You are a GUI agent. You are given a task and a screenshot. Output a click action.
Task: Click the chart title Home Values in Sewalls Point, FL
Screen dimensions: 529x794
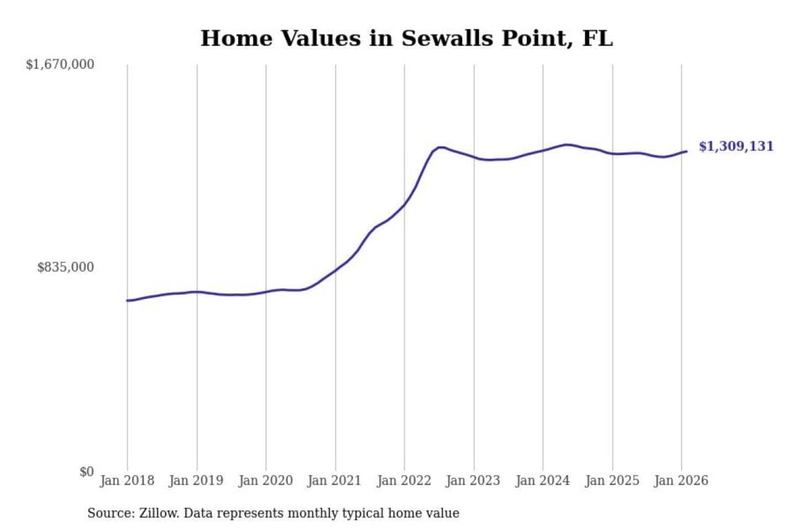tap(406, 39)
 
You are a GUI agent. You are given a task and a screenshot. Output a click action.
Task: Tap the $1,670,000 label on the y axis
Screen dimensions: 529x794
tap(60, 64)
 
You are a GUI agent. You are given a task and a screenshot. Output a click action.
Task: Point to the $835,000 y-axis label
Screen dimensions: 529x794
tap(66, 267)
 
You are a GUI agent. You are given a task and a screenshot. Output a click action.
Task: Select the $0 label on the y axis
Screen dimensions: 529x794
tap(87, 472)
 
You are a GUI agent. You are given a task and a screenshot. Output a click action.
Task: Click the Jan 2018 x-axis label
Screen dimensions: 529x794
tap(127, 481)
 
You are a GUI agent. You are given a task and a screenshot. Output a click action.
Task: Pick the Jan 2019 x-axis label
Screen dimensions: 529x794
tap(196, 481)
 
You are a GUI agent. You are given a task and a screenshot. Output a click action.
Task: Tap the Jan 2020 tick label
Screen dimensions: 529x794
tap(265, 481)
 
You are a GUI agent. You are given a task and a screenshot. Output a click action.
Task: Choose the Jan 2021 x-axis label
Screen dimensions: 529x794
tap(334, 481)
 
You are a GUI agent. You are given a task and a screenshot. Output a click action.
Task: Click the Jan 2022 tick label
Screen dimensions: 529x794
tap(404, 481)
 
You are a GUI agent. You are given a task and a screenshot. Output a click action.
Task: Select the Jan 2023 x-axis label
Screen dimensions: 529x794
tap(473, 481)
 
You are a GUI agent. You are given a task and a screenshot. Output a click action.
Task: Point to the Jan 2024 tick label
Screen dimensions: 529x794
tap(542, 481)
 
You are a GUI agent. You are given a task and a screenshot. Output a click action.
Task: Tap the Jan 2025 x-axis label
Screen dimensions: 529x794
tap(611, 481)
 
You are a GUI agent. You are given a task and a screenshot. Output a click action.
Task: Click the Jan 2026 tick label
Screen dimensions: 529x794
tap(680, 481)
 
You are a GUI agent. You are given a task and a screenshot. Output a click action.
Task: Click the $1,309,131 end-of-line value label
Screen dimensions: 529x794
tap(736, 147)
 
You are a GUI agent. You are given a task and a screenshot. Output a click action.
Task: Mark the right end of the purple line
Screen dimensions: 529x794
tap(686, 151)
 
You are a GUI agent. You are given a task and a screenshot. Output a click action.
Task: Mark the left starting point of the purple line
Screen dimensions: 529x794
tap(127, 300)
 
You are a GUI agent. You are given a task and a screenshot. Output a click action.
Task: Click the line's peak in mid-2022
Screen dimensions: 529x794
tap(439, 147)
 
